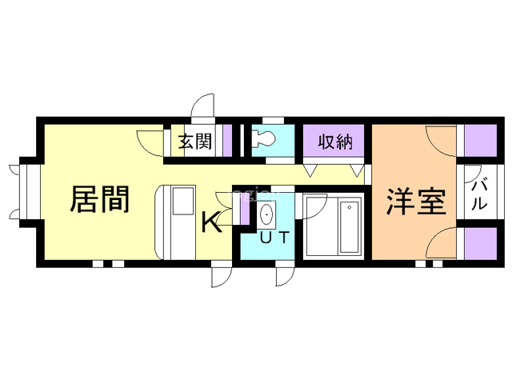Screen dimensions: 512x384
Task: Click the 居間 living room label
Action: coord(100,199)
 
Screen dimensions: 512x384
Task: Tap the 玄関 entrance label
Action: coord(195,141)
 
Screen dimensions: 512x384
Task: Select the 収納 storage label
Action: coord(335,142)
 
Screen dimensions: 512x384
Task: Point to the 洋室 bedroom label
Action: coord(417,201)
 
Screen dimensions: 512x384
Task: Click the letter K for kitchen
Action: coord(211,222)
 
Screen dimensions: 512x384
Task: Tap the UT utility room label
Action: coord(274,238)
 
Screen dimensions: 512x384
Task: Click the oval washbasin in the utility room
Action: coord(267,214)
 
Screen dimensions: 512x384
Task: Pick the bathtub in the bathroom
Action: coord(349,226)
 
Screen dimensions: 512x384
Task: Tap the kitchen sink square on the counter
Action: coord(183,201)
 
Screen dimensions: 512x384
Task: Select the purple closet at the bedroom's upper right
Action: coord(480,141)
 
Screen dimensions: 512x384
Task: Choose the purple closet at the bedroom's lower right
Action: coord(480,243)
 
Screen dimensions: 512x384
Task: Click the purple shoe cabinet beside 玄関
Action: coord(227,141)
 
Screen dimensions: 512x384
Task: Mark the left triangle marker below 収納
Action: coord(310,170)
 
